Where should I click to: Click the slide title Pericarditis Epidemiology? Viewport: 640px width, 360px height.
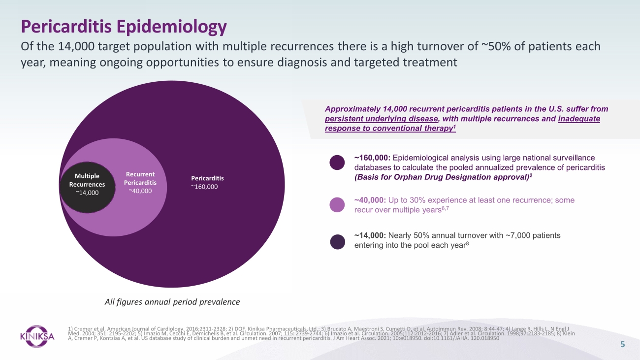coord(124,27)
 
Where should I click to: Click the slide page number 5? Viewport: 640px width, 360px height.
coord(622,344)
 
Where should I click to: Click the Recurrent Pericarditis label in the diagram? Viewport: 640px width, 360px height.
coord(140,178)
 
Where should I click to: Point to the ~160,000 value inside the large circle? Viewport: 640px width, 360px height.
coord(204,187)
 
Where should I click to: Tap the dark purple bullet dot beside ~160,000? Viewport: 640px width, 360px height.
coord(337,163)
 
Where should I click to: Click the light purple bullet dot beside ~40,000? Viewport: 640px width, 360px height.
coord(337,204)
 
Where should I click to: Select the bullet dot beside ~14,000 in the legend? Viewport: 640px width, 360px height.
coord(337,242)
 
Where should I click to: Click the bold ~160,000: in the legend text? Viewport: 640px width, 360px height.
coord(372,158)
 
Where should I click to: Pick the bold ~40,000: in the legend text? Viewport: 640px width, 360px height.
coord(370,200)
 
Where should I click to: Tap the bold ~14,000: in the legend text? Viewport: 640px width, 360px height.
coord(370,235)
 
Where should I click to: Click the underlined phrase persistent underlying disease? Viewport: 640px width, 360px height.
coord(381,119)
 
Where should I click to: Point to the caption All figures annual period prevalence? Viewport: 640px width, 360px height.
coord(172,302)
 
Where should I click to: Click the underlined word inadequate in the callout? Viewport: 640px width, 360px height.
coord(579,119)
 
